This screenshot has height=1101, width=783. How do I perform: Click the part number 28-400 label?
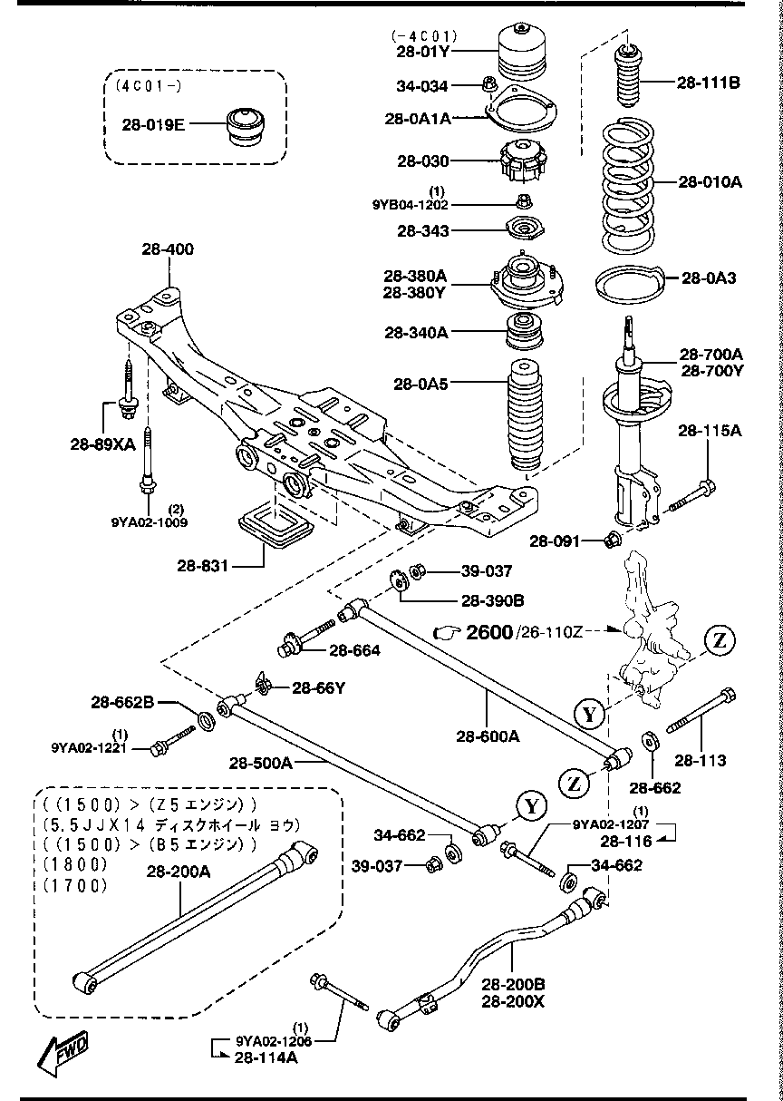tap(167, 248)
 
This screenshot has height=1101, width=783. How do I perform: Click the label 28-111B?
tap(709, 83)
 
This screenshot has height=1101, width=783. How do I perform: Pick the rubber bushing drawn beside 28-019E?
tap(242, 125)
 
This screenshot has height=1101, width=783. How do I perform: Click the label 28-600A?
tap(488, 736)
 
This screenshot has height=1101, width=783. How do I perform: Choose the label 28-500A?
tap(261, 764)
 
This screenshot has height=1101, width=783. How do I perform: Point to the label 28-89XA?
tap(101, 444)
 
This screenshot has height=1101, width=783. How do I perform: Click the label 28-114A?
tap(266, 1057)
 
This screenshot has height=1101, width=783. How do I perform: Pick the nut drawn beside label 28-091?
tap(612, 541)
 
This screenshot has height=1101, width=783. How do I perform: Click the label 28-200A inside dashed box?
tap(177, 872)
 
